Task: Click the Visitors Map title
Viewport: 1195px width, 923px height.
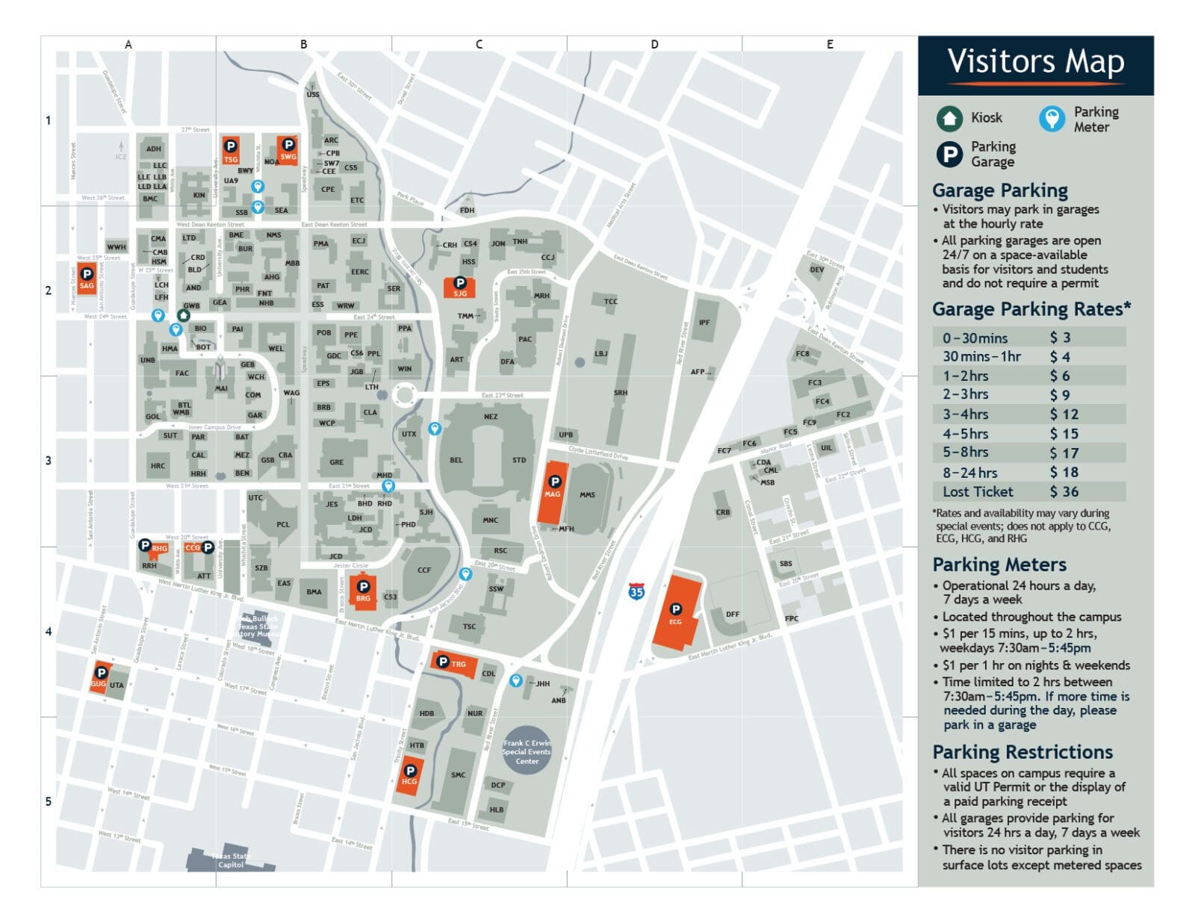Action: (1035, 62)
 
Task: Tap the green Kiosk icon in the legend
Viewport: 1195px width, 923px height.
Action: (949, 118)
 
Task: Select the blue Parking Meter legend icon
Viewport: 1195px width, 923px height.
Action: (1052, 119)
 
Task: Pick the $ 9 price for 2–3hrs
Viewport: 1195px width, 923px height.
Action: (1060, 395)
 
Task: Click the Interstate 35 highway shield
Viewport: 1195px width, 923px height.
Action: (636, 591)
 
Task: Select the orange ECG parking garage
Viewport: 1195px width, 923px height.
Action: (676, 612)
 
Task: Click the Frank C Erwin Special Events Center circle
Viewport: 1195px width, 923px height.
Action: (527, 750)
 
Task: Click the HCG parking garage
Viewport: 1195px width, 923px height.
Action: (409, 776)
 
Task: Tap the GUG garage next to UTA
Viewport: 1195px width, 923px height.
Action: (99, 677)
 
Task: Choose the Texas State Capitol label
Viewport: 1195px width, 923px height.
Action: (230, 860)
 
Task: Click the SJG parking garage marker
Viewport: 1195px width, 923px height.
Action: (460, 288)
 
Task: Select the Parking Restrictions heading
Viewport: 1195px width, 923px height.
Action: (1022, 752)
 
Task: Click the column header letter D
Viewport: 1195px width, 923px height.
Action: (654, 45)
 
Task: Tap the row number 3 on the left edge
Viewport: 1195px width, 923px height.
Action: (49, 461)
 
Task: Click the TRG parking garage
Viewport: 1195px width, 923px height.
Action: (453, 663)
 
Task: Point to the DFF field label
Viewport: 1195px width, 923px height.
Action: (733, 615)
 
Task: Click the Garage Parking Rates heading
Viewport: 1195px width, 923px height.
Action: (1031, 309)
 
